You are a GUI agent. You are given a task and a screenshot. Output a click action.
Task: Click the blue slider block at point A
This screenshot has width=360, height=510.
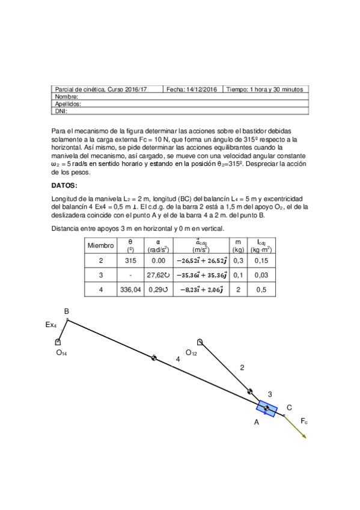coord(266,409)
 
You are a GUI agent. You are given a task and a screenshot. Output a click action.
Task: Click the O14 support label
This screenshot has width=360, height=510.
coord(61,353)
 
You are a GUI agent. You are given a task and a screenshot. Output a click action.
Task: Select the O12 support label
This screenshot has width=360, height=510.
coord(191,353)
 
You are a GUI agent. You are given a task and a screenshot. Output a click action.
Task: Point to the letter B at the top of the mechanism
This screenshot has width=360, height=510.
coord(66,311)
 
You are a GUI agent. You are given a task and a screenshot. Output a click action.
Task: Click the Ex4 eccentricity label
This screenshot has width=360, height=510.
coord(51,325)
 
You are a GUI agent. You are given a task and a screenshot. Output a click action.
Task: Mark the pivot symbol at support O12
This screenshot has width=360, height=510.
coord(200,342)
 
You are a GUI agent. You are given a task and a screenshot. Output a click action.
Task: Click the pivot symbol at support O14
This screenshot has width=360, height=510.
coord(58,342)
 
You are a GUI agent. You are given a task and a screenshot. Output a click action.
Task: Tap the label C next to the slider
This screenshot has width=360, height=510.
coord(289,407)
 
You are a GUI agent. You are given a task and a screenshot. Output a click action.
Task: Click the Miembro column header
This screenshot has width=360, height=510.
coord(100,245)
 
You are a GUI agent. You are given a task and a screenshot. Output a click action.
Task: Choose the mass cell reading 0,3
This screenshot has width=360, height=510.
coord(239,260)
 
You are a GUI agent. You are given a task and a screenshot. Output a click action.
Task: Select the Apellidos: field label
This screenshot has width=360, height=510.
coord(67,103)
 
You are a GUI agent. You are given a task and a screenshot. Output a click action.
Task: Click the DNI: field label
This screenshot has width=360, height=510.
coord(61,111)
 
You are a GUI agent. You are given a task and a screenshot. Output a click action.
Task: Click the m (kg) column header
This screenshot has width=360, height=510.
coord(239,245)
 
